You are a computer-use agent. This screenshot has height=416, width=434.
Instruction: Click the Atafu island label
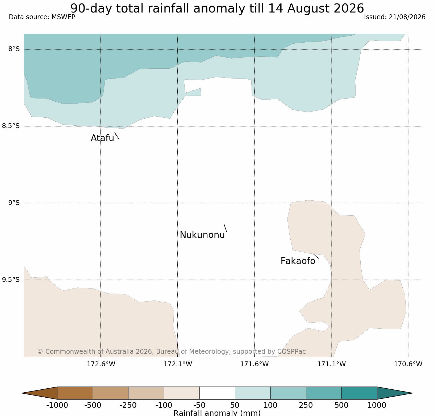point(102,138)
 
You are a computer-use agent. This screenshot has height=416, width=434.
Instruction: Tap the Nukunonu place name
point(202,235)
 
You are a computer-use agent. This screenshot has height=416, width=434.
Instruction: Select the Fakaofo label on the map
point(298,261)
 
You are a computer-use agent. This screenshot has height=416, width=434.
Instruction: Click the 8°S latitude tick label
point(14,49)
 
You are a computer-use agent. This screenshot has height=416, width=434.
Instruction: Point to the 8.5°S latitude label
point(11,126)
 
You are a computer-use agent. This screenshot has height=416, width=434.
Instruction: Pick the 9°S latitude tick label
point(14,203)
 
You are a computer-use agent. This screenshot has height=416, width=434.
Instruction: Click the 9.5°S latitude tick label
point(11,280)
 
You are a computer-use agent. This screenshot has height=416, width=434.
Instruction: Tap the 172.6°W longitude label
point(101,364)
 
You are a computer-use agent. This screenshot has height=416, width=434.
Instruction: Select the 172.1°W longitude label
point(178,364)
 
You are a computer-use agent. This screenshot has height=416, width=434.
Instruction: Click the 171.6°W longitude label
point(254,364)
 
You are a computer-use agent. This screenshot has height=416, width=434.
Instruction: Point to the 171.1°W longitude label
point(332,364)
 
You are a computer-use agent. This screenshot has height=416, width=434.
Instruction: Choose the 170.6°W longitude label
point(408,364)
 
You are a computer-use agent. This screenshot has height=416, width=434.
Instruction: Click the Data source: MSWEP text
point(42,17)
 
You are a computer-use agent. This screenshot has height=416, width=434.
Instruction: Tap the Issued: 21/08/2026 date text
point(395,17)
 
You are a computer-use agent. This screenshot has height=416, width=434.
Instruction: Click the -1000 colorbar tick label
point(57,405)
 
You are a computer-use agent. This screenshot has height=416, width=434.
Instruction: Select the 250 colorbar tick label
point(306,405)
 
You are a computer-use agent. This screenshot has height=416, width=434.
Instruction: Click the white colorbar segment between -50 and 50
point(217,393)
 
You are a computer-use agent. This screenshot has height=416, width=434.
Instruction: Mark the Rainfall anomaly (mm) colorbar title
point(217,413)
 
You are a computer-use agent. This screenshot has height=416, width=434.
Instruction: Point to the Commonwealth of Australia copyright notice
point(172,352)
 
